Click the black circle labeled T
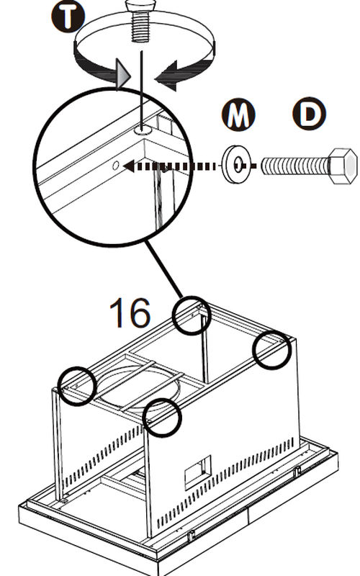tap(68, 16)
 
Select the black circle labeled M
tap(238, 114)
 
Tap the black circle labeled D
tap(310, 114)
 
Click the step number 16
tap(130, 312)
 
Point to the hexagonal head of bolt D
tap(343, 166)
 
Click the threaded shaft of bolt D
tap(294, 166)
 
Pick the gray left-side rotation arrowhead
tap(122, 75)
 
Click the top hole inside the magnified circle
tap(143, 130)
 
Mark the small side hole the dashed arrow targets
tap(115, 166)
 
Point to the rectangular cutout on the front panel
tap(198, 472)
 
